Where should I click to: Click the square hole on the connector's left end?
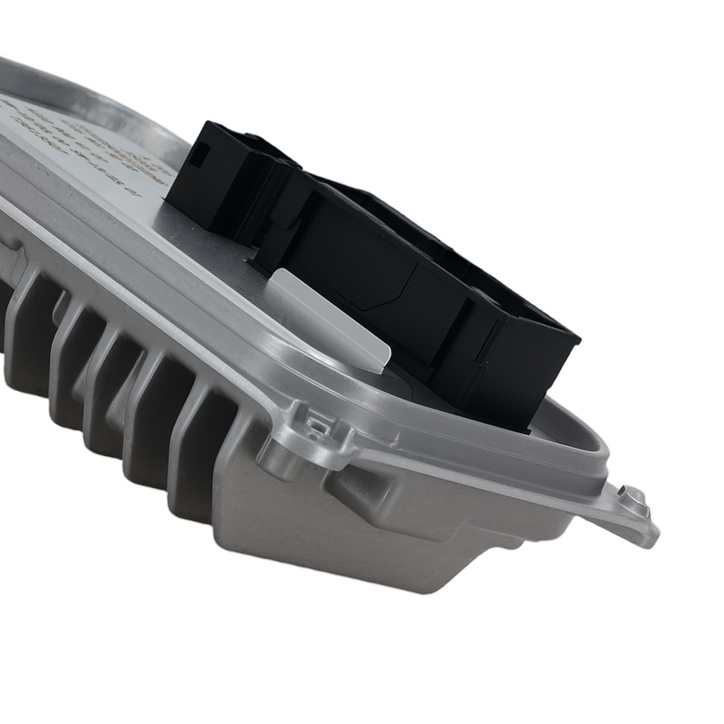click(203, 153)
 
